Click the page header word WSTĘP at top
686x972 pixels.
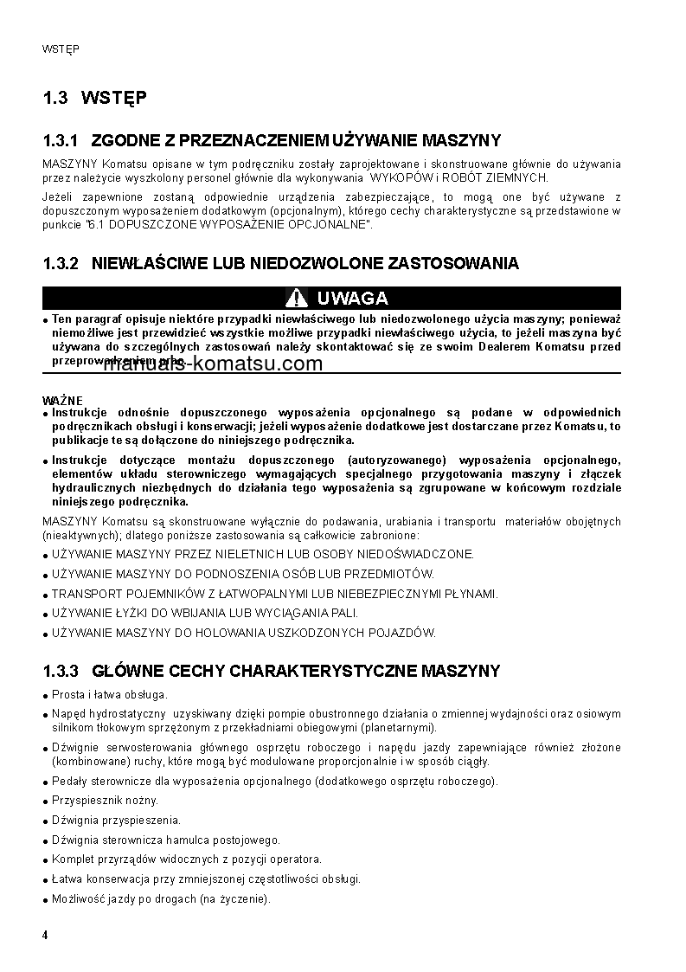point(61,49)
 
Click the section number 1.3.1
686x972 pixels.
point(61,140)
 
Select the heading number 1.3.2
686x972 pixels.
point(61,263)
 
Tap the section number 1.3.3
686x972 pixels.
point(61,671)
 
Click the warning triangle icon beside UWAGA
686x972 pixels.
point(297,299)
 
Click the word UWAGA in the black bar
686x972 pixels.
point(352,299)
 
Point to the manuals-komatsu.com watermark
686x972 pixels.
point(213,364)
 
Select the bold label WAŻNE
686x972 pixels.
point(62,401)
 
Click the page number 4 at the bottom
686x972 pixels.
point(45,935)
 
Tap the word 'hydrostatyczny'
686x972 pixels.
point(128,714)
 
